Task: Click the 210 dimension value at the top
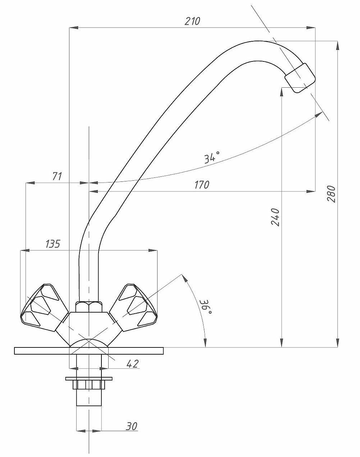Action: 192,21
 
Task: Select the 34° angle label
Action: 212,157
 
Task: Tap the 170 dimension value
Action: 202,185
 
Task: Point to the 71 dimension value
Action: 57,176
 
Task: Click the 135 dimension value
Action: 53,244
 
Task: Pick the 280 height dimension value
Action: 331,194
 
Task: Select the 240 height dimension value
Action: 275,217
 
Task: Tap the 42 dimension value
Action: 132,364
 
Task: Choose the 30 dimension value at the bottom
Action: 132,426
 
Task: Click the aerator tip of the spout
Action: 300,78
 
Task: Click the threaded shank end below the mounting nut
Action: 89,398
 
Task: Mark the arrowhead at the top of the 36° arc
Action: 183,278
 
